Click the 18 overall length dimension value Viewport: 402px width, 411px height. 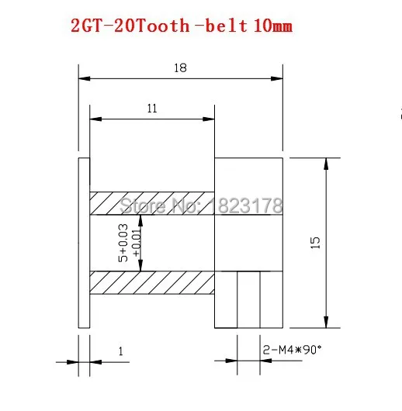pos(181,67)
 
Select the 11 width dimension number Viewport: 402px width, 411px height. pos(151,109)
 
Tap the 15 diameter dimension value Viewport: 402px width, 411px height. pos(315,243)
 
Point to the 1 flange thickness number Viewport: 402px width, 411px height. pos(120,351)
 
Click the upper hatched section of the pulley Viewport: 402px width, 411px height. pos(151,204)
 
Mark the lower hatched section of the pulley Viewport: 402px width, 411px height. pos(151,281)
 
